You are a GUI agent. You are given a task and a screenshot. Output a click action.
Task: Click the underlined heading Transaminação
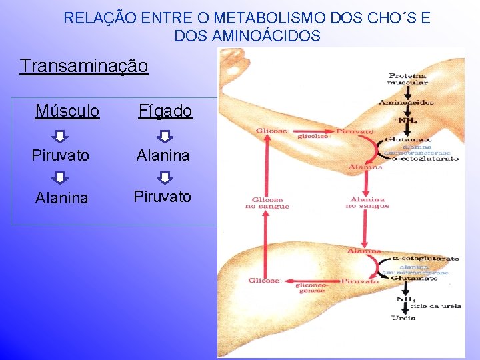[x=84, y=67]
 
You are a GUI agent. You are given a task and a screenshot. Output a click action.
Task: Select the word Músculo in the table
[x=67, y=111]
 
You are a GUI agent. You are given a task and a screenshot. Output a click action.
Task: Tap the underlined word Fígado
[x=165, y=111]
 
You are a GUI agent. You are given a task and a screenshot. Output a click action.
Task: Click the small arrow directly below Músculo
[x=60, y=136]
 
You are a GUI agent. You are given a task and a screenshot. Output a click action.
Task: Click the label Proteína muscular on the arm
[x=408, y=79]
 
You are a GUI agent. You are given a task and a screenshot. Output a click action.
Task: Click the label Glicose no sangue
[x=270, y=203]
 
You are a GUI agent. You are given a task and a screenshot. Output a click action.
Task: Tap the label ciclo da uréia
[x=437, y=306]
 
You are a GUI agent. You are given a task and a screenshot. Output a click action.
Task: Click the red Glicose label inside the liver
[x=264, y=281]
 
